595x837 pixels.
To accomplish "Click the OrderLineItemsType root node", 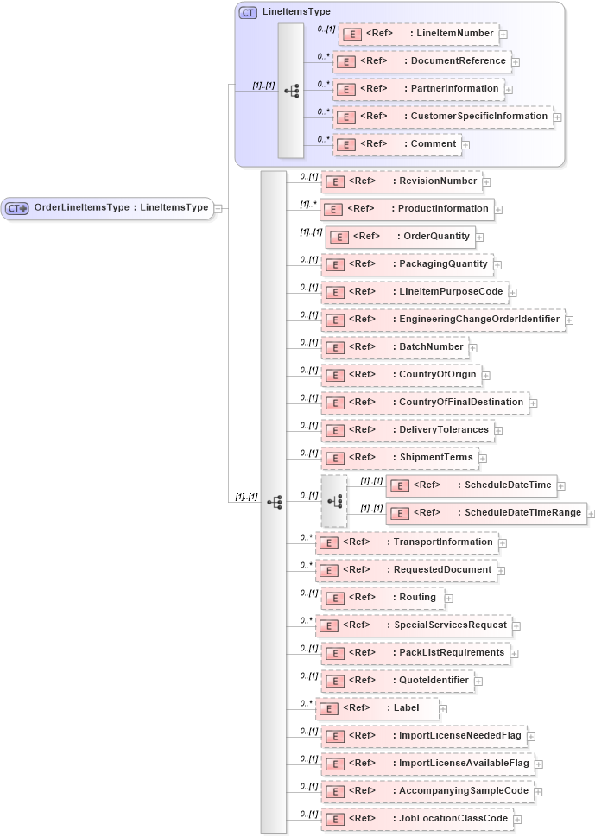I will click(x=107, y=207).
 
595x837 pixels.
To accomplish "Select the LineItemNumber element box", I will click(x=418, y=34).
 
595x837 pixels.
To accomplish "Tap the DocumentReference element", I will click(x=421, y=61).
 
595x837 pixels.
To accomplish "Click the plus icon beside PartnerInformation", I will click(x=509, y=89).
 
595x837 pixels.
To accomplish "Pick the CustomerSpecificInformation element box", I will click(x=443, y=116).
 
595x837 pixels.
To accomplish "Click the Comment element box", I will click(x=397, y=143).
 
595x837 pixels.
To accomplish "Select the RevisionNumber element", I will click(x=402, y=181).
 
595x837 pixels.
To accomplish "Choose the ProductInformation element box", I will click(x=407, y=209).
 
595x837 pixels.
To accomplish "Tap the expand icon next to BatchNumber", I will click(x=472, y=347).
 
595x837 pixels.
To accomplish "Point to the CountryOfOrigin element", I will click(x=402, y=374).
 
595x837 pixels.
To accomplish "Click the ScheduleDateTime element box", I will click(x=472, y=485).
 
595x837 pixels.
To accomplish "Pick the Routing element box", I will click(x=382, y=597).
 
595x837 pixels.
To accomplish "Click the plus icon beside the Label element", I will click(x=443, y=708).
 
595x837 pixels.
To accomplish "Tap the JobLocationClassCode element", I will click(x=416, y=818).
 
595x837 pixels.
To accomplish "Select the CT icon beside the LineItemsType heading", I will click(x=248, y=12).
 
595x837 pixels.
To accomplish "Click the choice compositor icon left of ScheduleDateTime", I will click(x=334, y=500).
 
